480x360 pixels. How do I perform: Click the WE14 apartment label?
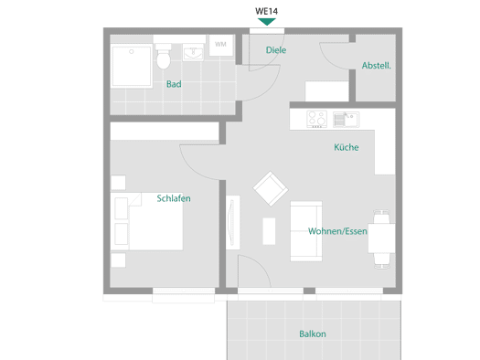266,11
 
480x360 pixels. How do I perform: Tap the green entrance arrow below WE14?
267,22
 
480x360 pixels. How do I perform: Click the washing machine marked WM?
221,45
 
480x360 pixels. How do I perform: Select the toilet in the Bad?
164,57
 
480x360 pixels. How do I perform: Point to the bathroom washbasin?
193,52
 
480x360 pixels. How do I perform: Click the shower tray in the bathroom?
132,66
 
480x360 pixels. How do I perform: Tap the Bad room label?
174,84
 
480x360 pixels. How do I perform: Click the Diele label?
276,50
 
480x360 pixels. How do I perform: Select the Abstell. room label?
376,66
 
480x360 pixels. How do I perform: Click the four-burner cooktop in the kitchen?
317,119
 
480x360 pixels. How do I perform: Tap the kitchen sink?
347,120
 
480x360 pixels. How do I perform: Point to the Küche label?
347,147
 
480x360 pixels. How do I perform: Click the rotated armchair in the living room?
271,189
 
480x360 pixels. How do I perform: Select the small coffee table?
269,231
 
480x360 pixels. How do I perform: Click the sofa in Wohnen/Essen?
306,231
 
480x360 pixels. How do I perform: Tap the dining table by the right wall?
381,238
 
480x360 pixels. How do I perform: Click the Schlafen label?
174,198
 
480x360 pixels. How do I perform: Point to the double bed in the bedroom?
146,221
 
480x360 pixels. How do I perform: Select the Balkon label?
313,334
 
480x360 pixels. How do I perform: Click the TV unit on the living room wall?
233,222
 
